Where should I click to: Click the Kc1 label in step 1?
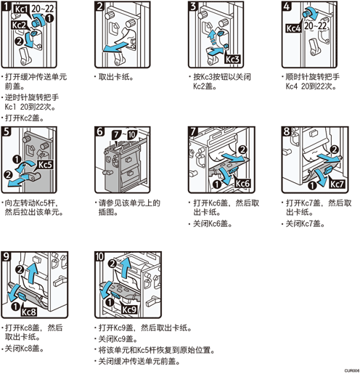pyautogui.click(x=21, y=9)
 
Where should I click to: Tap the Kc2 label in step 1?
pyautogui.click(x=19, y=25)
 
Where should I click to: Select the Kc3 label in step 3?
pyautogui.click(x=232, y=59)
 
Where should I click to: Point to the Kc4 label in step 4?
pyautogui.click(x=293, y=28)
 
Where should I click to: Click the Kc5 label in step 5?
pyautogui.click(x=45, y=165)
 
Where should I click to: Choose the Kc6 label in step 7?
pyautogui.click(x=242, y=183)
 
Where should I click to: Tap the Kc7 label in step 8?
pyautogui.click(x=337, y=184)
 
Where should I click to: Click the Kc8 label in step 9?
pyautogui.click(x=29, y=312)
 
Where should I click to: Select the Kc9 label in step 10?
pyautogui.click(x=129, y=309)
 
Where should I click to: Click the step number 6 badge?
pyautogui.click(x=99, y=131)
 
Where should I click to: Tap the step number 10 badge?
pyautogui.click(x=99, y=257)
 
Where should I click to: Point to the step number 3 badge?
pyautogui.click(x=193, y=7)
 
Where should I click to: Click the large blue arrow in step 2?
pyautogui.click(x=115, y=47)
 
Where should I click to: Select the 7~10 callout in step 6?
pyautogui.click(x=125, y=135)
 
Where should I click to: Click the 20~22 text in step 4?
pyautogui.click(x=315, y=25)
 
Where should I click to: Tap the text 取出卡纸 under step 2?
pyautogui.click(x=114, y=77)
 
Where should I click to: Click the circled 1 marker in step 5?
pyautogui.click(x=17, y=160)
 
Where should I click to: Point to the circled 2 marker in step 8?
pyautogui.click(x=334, y=150)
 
